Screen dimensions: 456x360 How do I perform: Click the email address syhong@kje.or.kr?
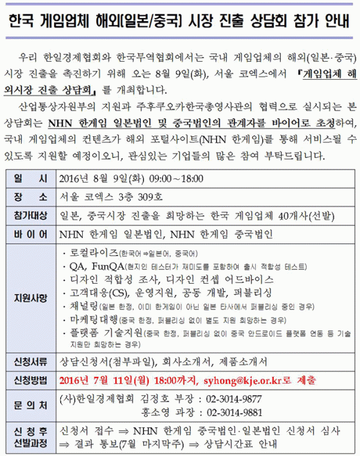click(245, 380)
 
